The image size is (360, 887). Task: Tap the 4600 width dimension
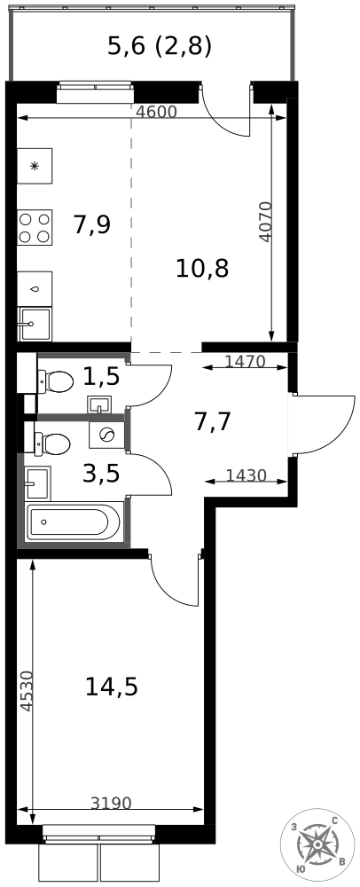[157, 112]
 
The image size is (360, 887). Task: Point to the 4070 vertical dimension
[266, 222]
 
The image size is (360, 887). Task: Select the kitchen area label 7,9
[91, 225]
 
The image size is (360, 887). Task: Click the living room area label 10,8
[202, 268]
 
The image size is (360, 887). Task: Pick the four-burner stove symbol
[35, 227]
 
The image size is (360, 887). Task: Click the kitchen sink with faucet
[35, 324]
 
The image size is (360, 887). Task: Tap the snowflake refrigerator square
[35, 166]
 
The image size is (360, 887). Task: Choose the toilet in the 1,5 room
[55, 381]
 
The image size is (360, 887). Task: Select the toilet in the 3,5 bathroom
[52, 443]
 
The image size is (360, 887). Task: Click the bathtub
[74, 522]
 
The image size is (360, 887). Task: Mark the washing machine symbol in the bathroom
[106, 435]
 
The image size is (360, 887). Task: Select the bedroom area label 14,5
[112, 687]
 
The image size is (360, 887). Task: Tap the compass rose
[317, 844]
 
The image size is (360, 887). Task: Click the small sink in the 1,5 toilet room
[100, 405]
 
